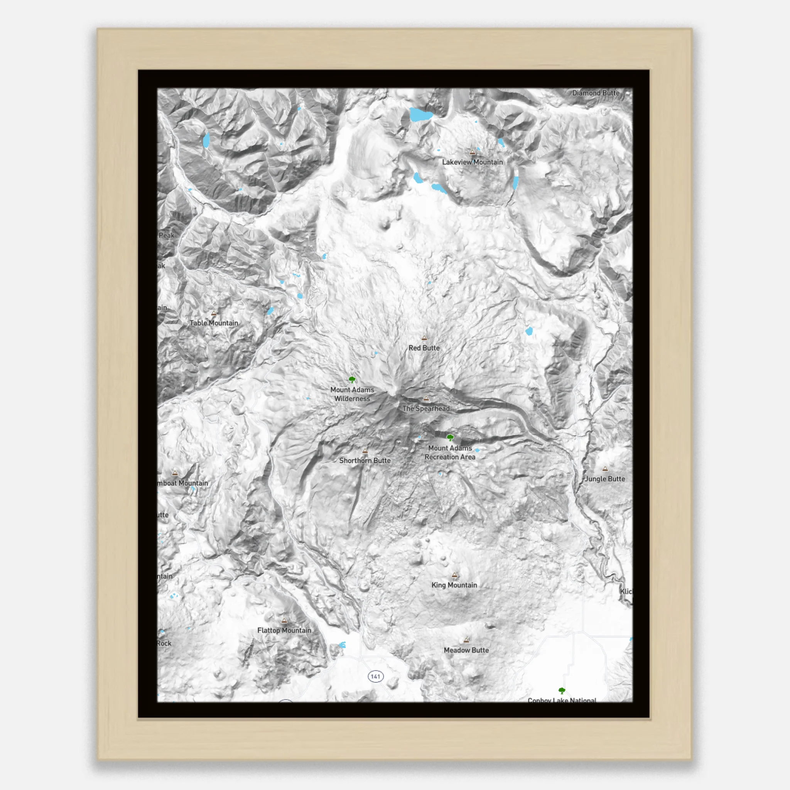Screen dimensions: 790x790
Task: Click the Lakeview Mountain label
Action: coord(472,162)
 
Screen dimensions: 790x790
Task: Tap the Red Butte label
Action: coord(424,348)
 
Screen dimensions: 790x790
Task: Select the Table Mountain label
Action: coord(213,323)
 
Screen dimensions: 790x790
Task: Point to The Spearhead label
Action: coord(426,409)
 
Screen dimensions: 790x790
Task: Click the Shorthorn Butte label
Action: coord(365,461)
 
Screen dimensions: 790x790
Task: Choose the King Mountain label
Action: coord(454,585)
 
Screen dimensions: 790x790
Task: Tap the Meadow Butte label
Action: coord(466,650)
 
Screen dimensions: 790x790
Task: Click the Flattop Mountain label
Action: coord(284,631)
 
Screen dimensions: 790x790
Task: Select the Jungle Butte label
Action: coord(605,479)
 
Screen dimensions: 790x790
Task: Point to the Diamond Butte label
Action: coord(596,93)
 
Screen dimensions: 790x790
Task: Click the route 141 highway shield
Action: coord(375,676)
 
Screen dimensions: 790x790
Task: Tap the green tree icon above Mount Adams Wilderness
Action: coord(352,380)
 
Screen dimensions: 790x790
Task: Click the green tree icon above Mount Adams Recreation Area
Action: coord(450,437)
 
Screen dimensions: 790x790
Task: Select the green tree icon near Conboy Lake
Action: coord(562,690)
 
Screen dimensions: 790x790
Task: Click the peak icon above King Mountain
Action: coord(454,575)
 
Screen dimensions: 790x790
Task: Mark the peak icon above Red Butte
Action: coord(424,338)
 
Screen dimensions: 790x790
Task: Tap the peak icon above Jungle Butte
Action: coord(605,469)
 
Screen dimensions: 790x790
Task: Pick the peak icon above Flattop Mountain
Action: coord(284,620)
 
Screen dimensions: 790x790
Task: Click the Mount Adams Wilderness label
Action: coord(352,394)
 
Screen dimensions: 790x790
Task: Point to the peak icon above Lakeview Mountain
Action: coord(472,152)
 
